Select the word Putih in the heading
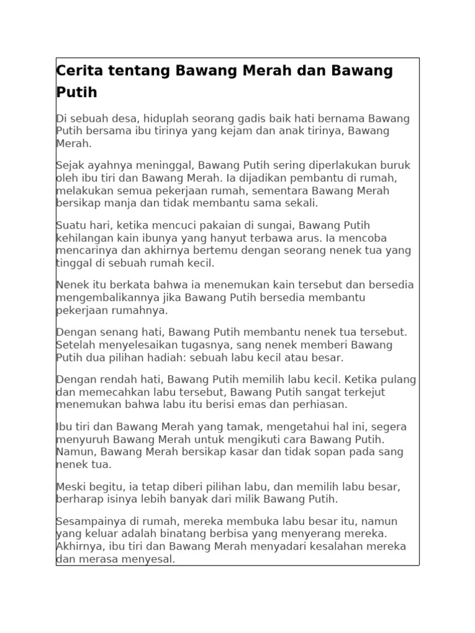coord(77,93)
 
